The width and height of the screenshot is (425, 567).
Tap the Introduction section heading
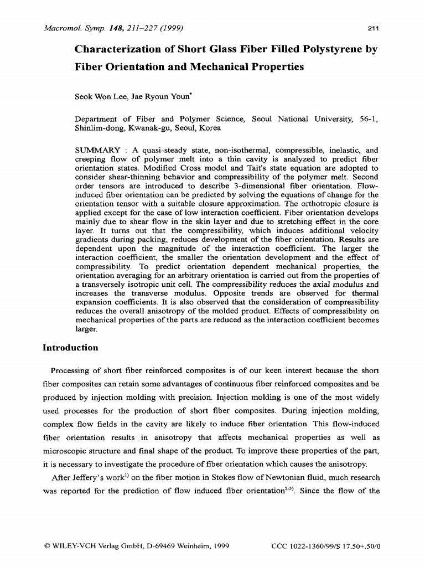[x=70, y=348]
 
